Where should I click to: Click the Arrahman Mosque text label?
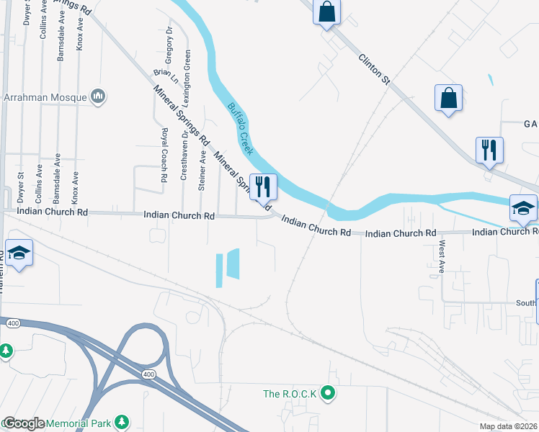coord(45,96)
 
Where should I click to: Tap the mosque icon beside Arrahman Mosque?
coord(98,96)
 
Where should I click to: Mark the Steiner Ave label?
coord(202,171)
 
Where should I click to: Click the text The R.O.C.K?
coord(291,393)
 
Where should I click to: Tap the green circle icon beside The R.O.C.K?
coord(329,393)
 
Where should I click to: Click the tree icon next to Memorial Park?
coord(122,420)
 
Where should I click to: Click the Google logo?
coord(23,423)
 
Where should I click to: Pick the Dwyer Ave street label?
coord(27,14)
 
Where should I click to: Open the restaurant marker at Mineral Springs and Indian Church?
coord(262,187)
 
